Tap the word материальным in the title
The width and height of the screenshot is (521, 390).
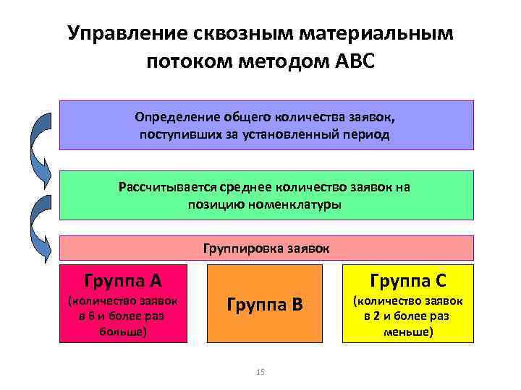pyautogui.click(x=375, y=33)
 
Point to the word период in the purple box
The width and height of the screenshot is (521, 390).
pyautogui.click(x=366, y=134)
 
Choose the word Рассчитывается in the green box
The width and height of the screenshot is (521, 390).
pyautogui.click(x=168, y=187)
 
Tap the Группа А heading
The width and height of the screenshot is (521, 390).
pyautogui.click(x=122, y=279)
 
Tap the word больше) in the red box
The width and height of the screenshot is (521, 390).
pyautogui.click(x=122, y=331)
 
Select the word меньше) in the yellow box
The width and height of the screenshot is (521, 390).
pyautogui.click(x=409, y=331)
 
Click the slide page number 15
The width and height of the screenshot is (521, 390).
pyautogui.click(x=260, y=372)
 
